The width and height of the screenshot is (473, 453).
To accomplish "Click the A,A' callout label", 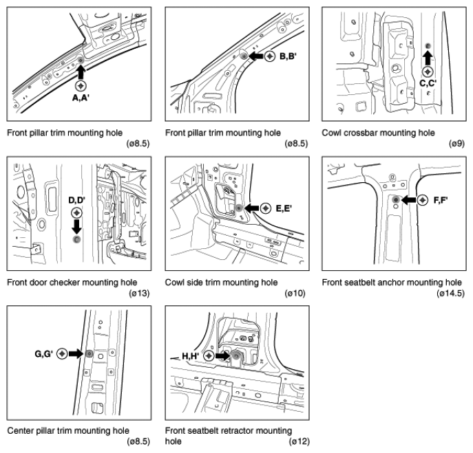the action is [x=81, y=98].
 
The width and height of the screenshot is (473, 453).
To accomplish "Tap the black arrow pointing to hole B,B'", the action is [x=256, y=56].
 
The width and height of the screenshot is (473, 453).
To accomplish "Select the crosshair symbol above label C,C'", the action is [x=428, y=71].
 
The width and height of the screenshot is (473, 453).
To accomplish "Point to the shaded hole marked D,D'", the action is [x=76, y=239].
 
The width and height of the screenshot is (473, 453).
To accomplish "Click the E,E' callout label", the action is [x=284, y=208].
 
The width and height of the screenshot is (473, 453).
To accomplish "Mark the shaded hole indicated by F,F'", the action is [x=396, y=200].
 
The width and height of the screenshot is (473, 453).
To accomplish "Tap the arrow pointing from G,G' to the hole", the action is [x=76, y=353].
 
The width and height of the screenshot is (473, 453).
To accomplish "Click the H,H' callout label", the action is [x=190, y=356].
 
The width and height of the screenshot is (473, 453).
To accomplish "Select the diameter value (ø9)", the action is [x=456, y=144].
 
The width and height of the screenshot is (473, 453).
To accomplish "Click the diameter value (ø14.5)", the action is [x=450, y=293].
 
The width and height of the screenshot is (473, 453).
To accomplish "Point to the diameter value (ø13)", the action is [x=139, y=293].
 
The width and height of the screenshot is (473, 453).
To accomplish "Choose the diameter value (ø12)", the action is [x=299, y=441].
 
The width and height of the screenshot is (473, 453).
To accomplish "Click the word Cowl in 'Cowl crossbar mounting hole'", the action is [x=331, y=133].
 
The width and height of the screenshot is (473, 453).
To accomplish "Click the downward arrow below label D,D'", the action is [x=76, y=227].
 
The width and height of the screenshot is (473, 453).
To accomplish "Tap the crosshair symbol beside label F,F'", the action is [x=422, y=200].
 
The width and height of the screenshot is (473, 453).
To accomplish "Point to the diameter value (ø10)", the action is [x=295, y=293].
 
